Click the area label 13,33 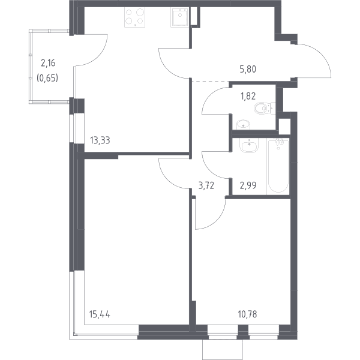[x=100, y=140]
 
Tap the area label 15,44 [x=100, y=314]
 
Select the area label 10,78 [x=247, y=314]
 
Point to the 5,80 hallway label [x=248, y=69]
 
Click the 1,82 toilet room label [x=248, y=96]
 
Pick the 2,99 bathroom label [x=248, y=185]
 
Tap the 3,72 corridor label [x=206, y=185]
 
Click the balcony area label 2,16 [x=48, y=63]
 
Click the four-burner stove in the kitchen [x=135, y=17]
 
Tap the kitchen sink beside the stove [x=180, y=17]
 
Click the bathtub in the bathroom [x=278, y=166]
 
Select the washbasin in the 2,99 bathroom [x=249, y=145]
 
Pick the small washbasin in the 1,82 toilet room [x=243, y=125]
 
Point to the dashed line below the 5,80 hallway [x=211, y=81]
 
